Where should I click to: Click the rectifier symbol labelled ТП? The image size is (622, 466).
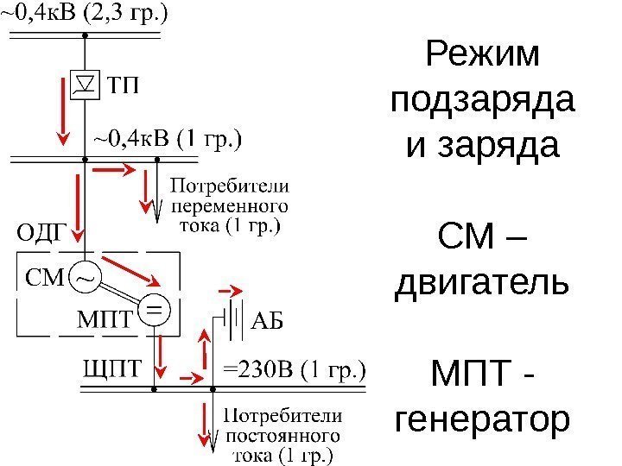(85, 85)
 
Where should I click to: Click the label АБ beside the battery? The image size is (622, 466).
(266, 320)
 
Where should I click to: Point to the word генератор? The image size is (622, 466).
(482, 420)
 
